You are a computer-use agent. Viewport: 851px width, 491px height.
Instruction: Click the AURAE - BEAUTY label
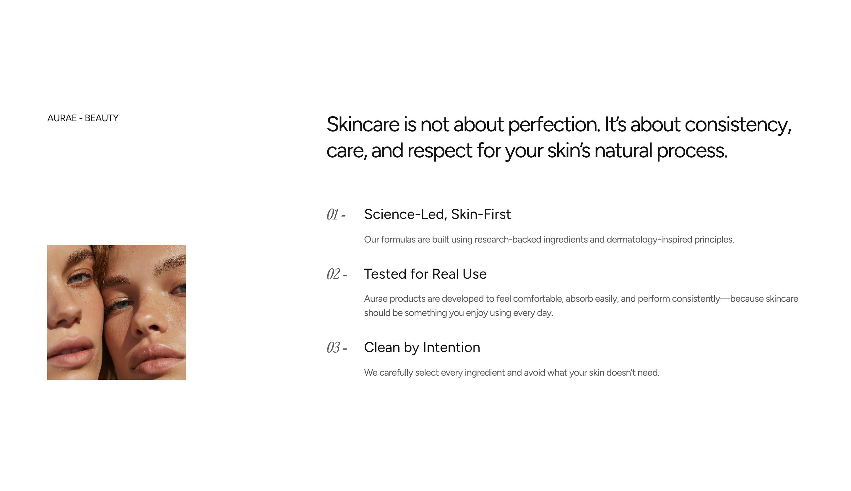pyautogui.click(x=83, y=118)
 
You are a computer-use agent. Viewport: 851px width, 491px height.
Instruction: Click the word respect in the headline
pyautogui.click(x=440, y=151)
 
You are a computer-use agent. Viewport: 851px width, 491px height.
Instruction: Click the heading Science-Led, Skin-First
pyautogui.click(x=437, y=214)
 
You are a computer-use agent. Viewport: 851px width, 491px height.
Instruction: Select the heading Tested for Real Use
pyautogui.click(x=425, y=274)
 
